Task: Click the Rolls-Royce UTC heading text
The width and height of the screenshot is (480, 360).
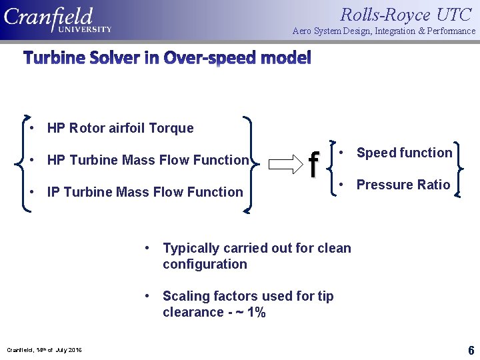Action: tap(405, 14)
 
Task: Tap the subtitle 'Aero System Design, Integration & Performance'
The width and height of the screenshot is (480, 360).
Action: tap(384, 31)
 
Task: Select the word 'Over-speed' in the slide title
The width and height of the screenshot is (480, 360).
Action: tap(206, 59)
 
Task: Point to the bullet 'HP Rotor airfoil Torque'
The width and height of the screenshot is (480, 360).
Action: tap(120, 128)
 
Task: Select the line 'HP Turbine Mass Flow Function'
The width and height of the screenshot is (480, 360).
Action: tap(147, 160)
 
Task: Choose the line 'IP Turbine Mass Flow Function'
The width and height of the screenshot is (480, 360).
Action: tap(145, 192)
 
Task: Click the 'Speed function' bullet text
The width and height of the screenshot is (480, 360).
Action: tap(404, 153)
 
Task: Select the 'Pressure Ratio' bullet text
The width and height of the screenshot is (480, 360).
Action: tap(403, 185)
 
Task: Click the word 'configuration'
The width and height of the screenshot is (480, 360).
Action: tap(205, 264)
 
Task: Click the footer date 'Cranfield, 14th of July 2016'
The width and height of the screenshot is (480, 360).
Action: tap(44, 350)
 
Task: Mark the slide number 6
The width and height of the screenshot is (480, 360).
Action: tap(471, 350)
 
